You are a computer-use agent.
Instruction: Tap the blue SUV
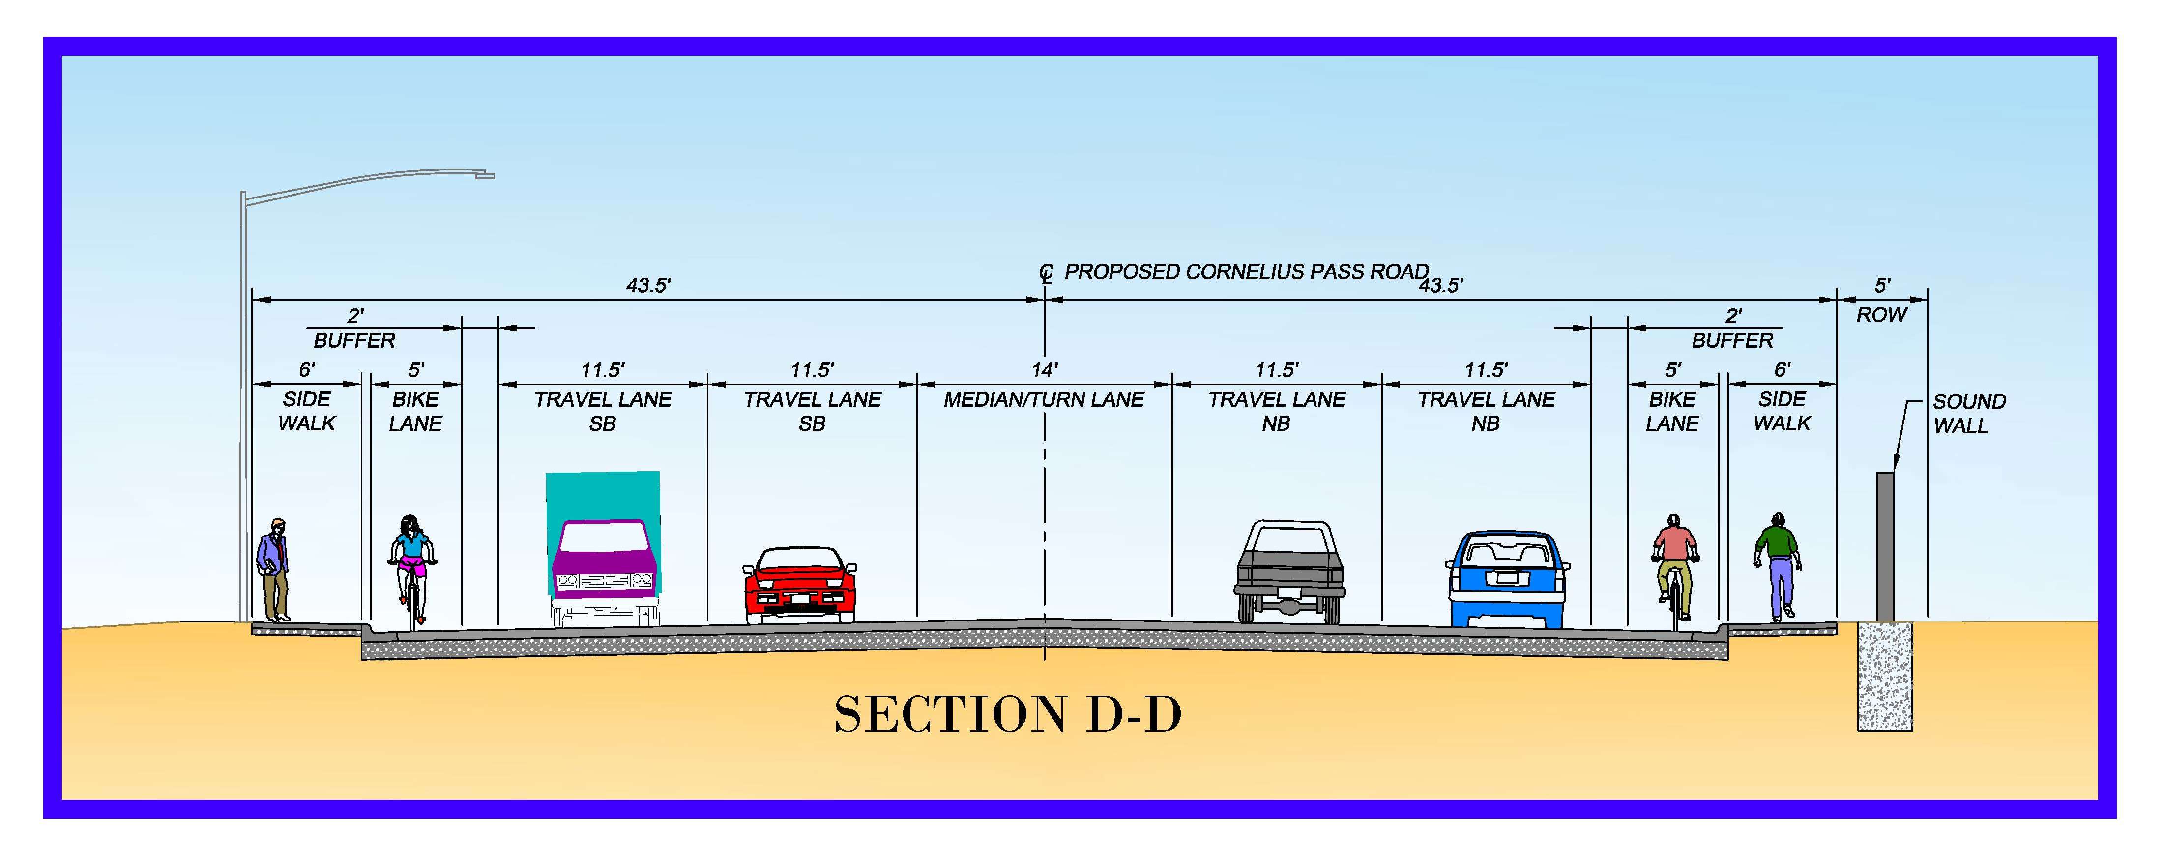pos(1507,579)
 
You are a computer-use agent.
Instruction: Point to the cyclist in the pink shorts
pos(411,566)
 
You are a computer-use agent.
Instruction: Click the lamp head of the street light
pos(485,175)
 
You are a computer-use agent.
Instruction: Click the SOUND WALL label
pos(1968,414)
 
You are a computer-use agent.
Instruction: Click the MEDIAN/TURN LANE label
pos(1044,399)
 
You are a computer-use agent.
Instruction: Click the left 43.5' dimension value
pos(648,285)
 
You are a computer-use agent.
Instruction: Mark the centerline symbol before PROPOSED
pos(1046,273)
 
